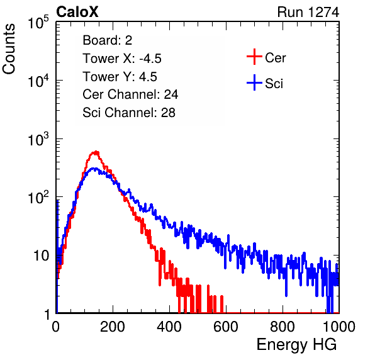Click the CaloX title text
(77, 12)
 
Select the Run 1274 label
(308, 12)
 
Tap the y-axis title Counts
(9, 49)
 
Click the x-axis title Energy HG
(296, 345)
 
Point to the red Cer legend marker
(254, 57)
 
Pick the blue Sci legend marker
(254, 83)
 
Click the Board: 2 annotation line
(108, 40)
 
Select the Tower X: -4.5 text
(122, 59)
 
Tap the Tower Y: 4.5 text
(120, 77)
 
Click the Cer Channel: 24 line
(130, 94)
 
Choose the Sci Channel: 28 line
(129, 113)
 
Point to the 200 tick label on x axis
(113, 327)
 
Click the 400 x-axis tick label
(169, 327)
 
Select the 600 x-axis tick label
(226, 327)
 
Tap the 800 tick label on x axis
(283, 327)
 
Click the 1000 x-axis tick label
(339, 327)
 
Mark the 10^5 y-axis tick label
(38, 22)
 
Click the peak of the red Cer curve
(96, 152)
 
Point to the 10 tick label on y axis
(41, 256)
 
